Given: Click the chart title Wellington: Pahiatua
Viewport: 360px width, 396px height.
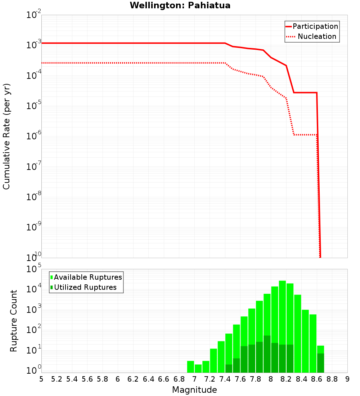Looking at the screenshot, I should (x=180, y=5).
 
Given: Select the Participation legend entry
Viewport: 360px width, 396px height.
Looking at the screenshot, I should (x=315, y=26).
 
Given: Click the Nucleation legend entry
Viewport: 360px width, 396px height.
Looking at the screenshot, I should (x=317, y=36).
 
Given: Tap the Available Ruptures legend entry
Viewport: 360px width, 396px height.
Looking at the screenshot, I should (x=88, y=277).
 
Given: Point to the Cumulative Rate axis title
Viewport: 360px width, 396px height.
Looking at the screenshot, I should (x=6, y=136).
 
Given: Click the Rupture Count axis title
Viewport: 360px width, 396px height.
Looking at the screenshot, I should (x=14, y=321).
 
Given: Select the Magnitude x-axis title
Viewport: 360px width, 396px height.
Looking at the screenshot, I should (x=194, y=390).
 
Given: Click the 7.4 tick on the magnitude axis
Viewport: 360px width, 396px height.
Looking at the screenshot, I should (x=225, y=379).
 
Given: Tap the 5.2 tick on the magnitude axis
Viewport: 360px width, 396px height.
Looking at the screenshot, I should (x=57, y=379).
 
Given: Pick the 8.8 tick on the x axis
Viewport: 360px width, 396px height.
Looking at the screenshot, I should (x=332, y=379).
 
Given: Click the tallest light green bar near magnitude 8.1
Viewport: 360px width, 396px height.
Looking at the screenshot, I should (x=282, y=324).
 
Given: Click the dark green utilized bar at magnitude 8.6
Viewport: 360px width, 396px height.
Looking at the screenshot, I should (x=320, y=363).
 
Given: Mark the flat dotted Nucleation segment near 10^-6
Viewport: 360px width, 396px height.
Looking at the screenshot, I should (x=305, y=135).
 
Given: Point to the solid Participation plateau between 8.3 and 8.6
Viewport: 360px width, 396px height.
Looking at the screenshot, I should (x=305, y=93).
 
